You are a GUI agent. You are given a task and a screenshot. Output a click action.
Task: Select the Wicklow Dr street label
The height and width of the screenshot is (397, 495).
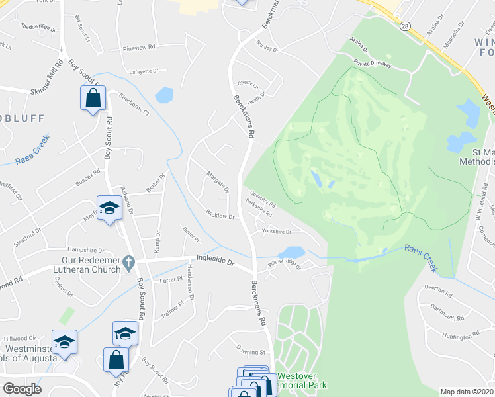click(220, 216)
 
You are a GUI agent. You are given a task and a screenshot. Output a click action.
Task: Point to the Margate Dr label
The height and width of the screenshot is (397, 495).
click(218, 181)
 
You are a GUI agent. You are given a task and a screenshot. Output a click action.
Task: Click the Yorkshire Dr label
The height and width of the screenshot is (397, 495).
click(277, 231)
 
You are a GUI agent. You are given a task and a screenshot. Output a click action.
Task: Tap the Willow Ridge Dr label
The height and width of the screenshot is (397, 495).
click(285, 266)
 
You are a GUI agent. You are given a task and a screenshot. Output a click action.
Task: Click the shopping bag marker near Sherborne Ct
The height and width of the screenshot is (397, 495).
click(93, 99)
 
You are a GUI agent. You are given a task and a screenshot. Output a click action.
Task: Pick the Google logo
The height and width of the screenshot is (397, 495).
click(22, 389)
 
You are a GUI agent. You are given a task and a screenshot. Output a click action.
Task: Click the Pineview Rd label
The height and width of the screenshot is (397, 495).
click(139, 48)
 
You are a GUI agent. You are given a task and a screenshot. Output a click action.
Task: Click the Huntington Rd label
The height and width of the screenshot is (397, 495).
click(457, 336)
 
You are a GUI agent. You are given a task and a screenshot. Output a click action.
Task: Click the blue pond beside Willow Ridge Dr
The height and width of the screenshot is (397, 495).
click(292, 253)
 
